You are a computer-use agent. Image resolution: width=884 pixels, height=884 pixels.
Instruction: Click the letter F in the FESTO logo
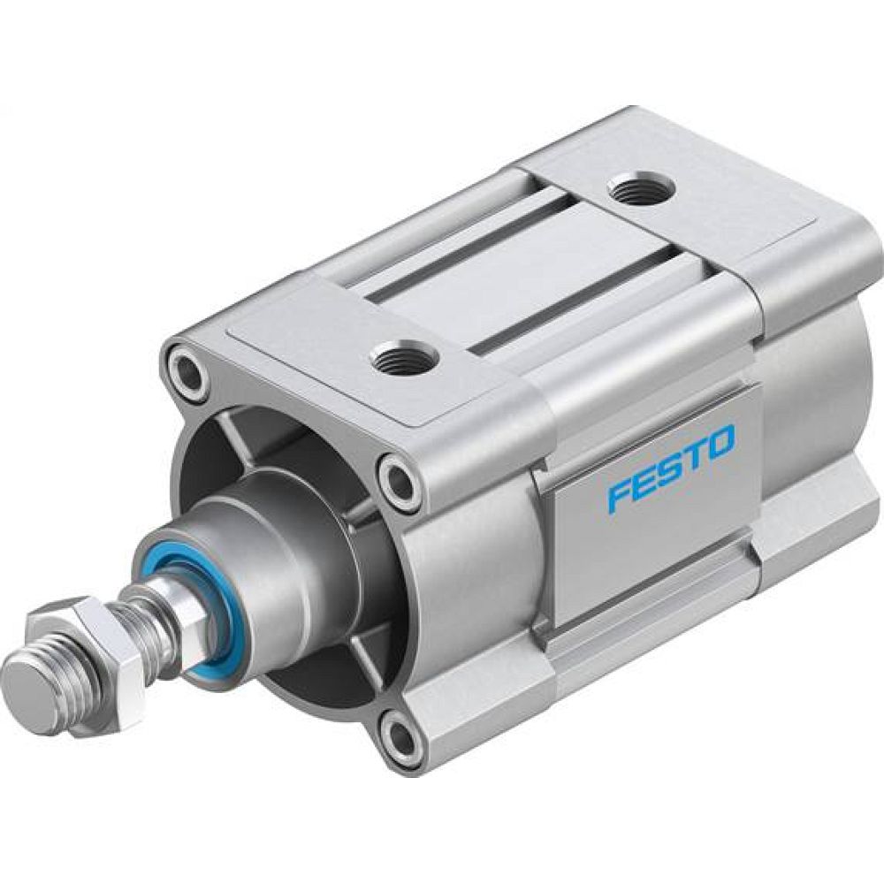pyautogui.click(x=620, y=495)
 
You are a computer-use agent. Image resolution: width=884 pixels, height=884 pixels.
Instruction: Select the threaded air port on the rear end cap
pyautogui.click(x=641, y=187)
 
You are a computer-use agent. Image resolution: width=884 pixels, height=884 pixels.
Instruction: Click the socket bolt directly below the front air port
pyautogui.click(x=400, y=482)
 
